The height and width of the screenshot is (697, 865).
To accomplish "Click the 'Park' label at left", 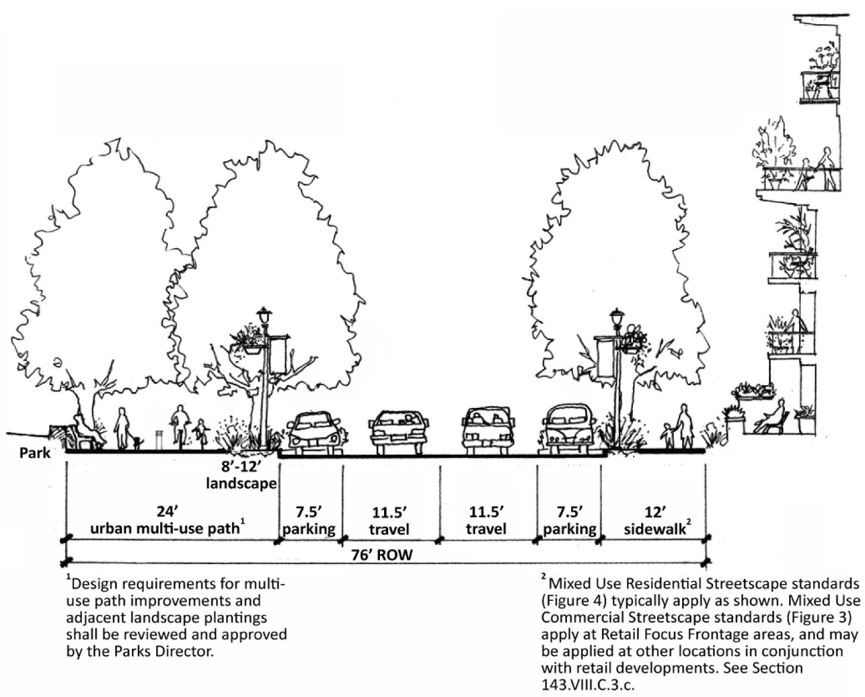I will point(35,453).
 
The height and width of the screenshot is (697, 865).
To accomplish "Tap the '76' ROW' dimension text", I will point(382,555).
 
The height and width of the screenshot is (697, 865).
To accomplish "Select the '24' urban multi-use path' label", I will point(167,520).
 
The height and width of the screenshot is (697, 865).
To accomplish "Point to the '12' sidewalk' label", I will point(655,520).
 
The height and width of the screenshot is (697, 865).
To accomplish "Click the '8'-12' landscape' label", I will point(242,475).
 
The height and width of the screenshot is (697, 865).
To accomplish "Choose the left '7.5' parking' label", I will point(309,521).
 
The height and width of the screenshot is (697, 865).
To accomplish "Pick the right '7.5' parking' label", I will point(569,521).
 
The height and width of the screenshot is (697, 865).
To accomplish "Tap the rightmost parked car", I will point(569,426).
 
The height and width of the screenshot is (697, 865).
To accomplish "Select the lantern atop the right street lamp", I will point(617,317).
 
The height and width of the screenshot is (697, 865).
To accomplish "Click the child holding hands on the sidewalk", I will point(669,435).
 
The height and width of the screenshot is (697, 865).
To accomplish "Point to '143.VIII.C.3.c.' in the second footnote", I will point(588,684).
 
